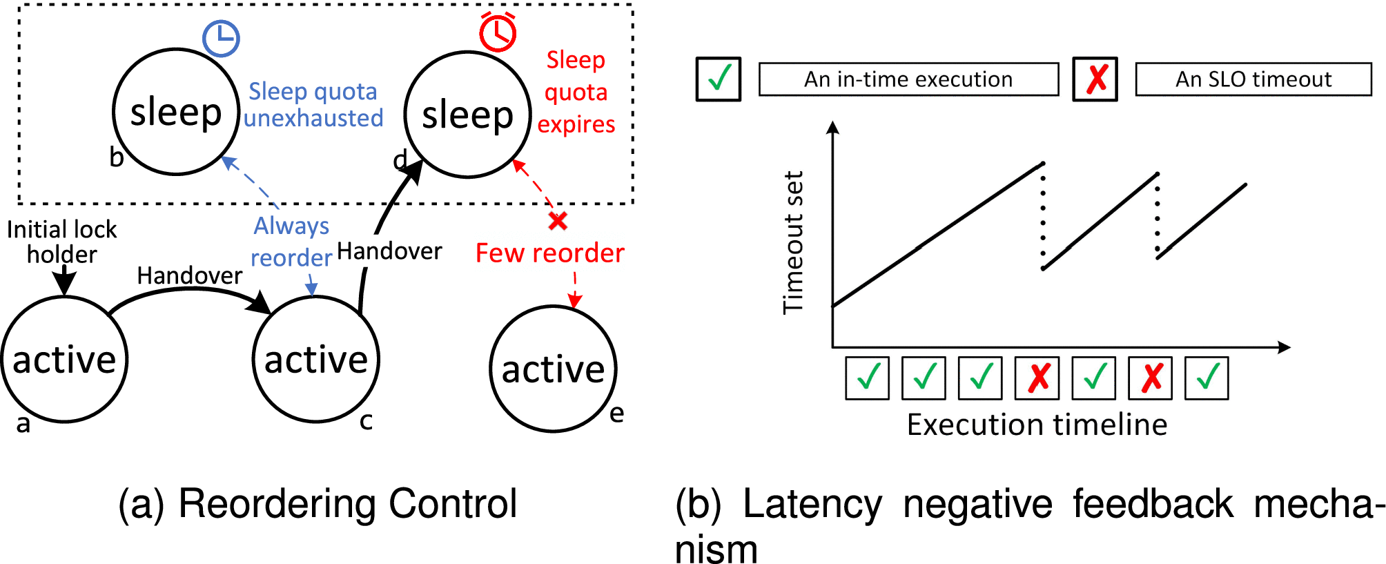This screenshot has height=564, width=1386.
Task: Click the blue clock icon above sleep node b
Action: click(x=221, y=38)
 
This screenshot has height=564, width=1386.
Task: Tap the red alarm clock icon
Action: click(x=498, y=32)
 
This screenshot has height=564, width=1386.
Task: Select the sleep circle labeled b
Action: click(x=176, y=112)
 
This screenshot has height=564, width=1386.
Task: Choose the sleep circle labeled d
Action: click(x=467, y=115)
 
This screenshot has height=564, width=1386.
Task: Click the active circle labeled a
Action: click(x=64, y=359)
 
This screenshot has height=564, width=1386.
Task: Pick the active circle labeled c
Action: click(x=316, y=359)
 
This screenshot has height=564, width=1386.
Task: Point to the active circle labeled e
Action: click(x=553, y=369)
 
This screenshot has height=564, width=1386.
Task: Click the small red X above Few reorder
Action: click(x=558, y=221)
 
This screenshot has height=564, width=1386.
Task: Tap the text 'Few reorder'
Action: click(x=549, y=253)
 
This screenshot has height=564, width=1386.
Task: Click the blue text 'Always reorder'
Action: click(x=291, y=242)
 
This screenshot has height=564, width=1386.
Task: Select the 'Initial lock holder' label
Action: click(x=62, y=242)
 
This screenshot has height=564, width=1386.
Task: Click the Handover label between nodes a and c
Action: click(x=189, y=275)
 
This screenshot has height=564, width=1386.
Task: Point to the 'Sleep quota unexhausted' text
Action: click(x=313, y=105)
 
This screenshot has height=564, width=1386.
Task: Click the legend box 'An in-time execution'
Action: click(x=908, y=79)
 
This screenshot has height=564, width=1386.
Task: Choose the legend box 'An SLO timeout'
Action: click(x=1253, y=79)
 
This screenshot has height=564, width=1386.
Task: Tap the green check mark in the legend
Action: click(x=719, y=79)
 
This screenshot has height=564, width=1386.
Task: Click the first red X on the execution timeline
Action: click(x=1037, y=378)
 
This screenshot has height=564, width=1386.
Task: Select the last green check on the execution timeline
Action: click(x=1207, y=378)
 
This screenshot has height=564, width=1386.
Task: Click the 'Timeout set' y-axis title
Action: click(x=793, y=242)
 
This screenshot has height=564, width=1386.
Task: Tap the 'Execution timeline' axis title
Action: click(x=1037, y=425)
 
